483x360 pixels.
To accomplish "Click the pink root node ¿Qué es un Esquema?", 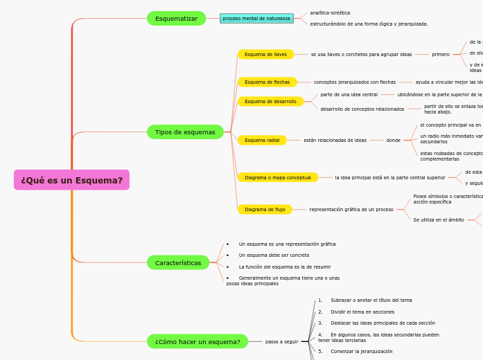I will (x=71, y=180).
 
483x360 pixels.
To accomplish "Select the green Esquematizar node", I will (x=176, y=19).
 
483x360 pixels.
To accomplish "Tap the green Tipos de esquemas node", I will (x=185, y=132).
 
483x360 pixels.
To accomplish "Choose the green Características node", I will (x=178, y=263).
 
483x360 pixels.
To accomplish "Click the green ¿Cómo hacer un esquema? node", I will (x=197, y=341).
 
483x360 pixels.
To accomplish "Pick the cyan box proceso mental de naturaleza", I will (x=256, y=19).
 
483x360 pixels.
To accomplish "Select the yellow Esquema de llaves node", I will (x=265, y=54).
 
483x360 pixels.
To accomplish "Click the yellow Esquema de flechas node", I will (x=267, y=82).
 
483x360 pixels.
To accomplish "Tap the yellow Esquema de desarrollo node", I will (x=270, y=101).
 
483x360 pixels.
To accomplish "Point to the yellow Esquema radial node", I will (x=262, y=140).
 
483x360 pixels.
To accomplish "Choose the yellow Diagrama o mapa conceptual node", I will (x=277, y=177).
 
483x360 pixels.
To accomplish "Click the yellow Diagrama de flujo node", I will (x=265, y=209).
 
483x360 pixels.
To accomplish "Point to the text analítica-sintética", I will (x=330, y=13).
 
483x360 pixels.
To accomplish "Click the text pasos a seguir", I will (x=281, y=341).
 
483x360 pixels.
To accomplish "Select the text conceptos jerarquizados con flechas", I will (x=355, y=82).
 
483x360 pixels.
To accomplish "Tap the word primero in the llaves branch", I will (x=441, y=54).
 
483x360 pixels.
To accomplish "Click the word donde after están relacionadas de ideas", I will (x=393, y=140).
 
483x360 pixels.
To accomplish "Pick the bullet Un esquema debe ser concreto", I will (x=274, y=255).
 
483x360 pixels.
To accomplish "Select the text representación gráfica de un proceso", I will (x=351, y=209).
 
